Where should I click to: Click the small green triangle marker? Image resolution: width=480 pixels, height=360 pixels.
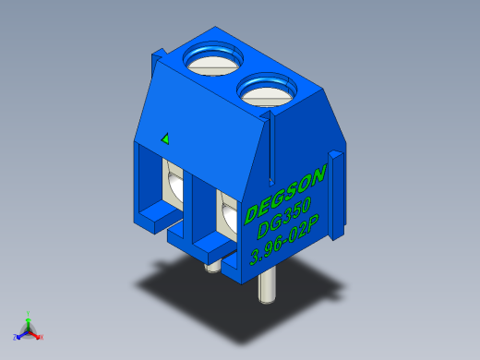(165, 138)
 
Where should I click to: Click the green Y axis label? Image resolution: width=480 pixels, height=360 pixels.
(29, 313)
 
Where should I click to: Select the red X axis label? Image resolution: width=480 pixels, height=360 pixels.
(42, 338)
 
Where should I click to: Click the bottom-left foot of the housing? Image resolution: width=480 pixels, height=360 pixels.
(153, 220)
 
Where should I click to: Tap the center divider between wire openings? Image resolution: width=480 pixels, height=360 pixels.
(200, 208)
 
